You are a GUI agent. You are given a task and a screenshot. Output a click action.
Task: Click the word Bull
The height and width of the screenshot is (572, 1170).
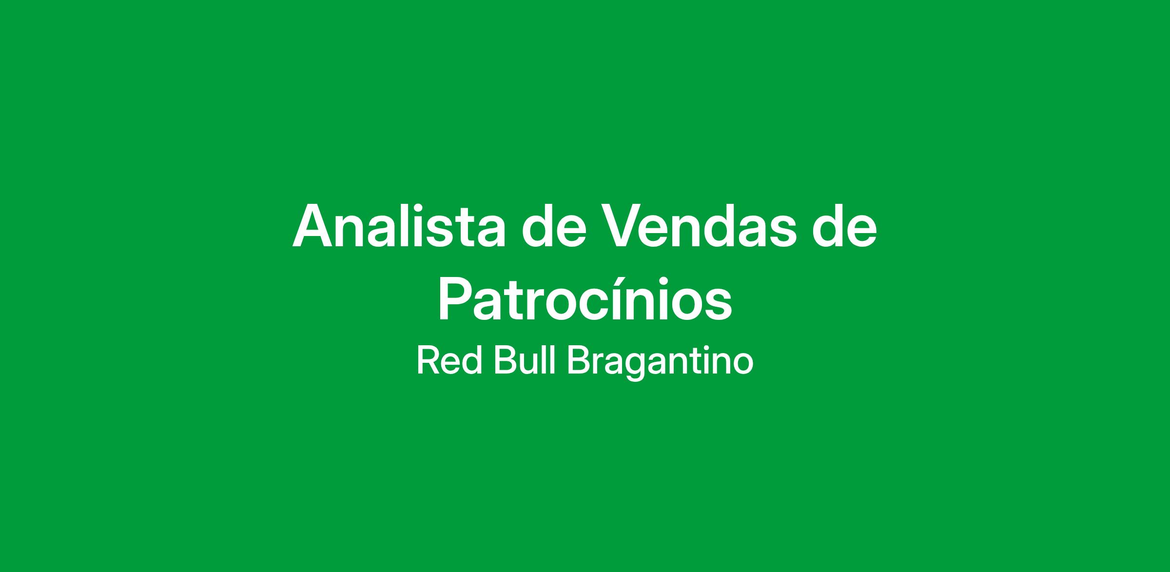coord(525,362)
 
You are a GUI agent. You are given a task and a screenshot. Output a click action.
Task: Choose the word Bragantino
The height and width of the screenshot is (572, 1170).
coord(661,364)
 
